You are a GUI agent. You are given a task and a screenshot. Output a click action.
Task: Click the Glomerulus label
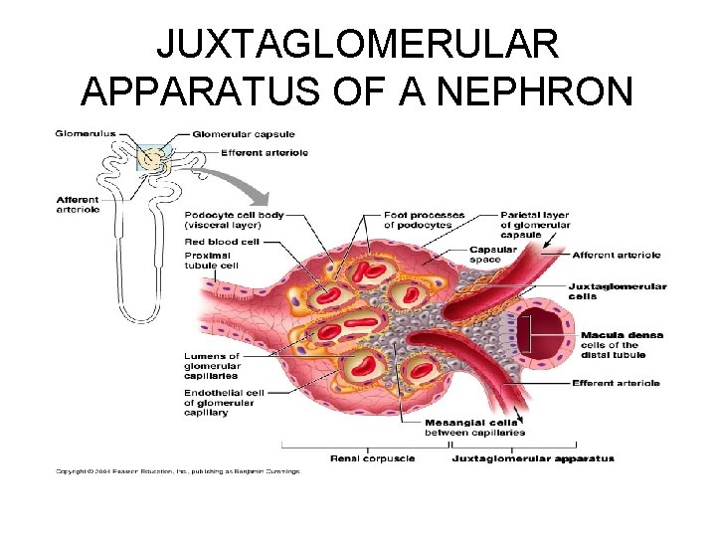click(x=86, y=133)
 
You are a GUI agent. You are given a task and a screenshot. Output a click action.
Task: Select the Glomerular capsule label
click(x=243, y=134)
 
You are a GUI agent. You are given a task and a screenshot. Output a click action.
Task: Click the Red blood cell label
click(x=222, y=241)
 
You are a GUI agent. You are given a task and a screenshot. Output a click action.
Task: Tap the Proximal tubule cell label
click(x=211, y=260)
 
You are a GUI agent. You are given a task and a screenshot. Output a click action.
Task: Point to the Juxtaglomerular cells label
click(x=616, y=290)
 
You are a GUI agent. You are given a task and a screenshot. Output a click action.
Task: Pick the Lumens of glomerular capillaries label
click(x=212, y=366)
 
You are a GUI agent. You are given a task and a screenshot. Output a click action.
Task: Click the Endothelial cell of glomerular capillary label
click(x=220, y=402)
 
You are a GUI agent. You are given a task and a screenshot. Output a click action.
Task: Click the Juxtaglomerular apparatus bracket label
click(x=533, y=458)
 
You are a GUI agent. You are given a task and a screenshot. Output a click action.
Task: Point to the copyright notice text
click(x=177, y=470)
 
